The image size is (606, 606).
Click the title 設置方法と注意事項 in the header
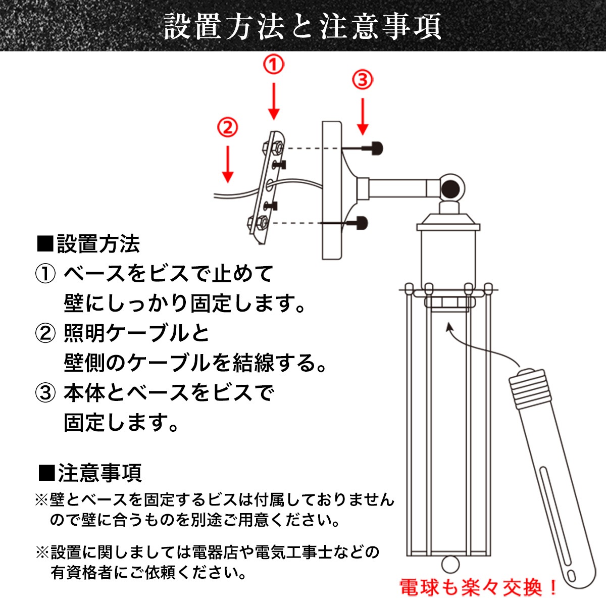(302, 26)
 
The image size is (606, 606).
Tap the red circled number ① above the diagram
(274, 65)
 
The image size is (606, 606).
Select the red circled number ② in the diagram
(227, 127)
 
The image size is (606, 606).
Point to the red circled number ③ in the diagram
(363, 80)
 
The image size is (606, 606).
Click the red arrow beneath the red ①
(274, 102)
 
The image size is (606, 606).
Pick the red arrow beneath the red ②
(228, 164)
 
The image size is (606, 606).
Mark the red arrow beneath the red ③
(363, 117)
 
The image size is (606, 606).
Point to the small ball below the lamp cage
(450, 565)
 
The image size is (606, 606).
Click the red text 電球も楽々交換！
(478, 587)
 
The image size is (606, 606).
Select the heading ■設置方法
(88, 244)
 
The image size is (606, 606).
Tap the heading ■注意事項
(89, 473)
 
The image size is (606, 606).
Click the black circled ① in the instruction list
(45, 273)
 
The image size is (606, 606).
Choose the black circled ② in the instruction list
(45, 333)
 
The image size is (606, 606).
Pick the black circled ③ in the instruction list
(45, 393)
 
